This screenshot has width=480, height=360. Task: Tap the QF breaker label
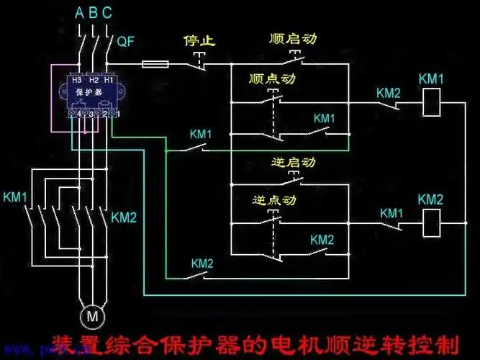pyautogui.click(x=125, y=42)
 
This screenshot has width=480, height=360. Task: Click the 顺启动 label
pyautogui.click(x=291, y=37)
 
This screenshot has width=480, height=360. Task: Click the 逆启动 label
pyautogui.click(x=294, y=163)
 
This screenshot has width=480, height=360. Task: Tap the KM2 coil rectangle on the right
pyautogui.click(x=430, y=223)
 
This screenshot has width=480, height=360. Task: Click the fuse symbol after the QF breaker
pyautogui.click(x=156, y=64)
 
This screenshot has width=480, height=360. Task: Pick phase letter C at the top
pyautogui.click(x=107, y=12)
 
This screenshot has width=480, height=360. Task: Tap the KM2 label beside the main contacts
pyautogui.click(x=124, y=217)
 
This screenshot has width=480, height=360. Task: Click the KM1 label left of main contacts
pyautogui.click(x=16, y=197)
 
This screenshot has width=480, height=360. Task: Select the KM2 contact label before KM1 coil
pyautogui.click(x=389, y=93)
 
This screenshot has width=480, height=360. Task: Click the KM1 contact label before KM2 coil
pyautogui.click(x=392, y=213)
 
